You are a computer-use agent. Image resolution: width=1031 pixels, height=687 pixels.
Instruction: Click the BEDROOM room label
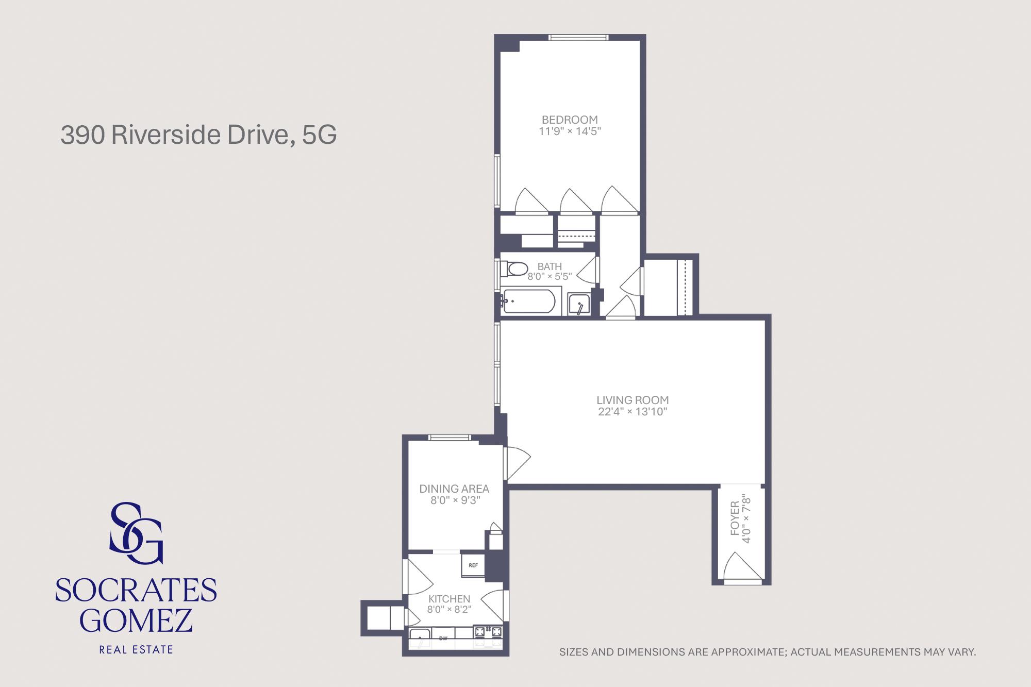point(570,120)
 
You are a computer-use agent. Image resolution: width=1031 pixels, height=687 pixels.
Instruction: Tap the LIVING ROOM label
point(633,400)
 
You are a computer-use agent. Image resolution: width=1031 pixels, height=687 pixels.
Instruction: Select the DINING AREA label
point(454,489)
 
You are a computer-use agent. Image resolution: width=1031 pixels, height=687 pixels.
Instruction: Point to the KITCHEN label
point(449,599)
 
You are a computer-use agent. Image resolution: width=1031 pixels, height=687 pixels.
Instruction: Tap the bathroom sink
point(579,304)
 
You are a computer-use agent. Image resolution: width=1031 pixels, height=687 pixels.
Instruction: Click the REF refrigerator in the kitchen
point(473,565)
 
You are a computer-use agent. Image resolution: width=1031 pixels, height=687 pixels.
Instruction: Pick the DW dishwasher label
point(443,639)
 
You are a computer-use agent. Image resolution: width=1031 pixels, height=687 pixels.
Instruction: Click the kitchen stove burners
point(488,631)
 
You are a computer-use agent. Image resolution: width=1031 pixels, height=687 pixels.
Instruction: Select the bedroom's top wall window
point(578,37)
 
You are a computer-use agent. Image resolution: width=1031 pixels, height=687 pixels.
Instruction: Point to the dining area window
point(450,438)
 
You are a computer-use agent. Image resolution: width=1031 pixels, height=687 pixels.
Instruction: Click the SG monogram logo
point(137,533)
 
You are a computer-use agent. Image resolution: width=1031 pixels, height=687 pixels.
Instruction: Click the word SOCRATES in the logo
point(136,591)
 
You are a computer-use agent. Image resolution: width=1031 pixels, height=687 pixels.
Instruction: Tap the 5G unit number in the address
point(320,135)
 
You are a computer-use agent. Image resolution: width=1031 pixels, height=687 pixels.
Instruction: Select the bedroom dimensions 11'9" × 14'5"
point(570,131)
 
